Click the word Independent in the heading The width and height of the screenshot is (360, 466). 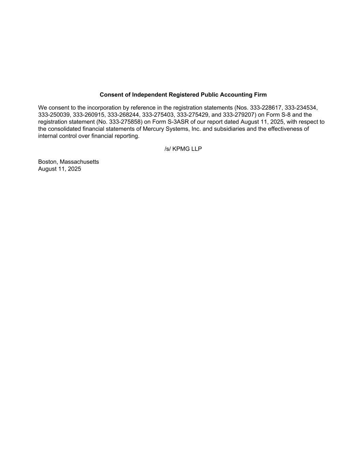pyautogui.click(x=149, y=95)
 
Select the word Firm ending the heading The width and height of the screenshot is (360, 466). pyautogui.click(x=260, y=95)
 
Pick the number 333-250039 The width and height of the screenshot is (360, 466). pyautogui.click(x=54, y=115)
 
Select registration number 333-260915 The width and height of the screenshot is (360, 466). pyautogui.click(x=88, y=115)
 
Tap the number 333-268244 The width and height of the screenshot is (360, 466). pyautogui.click(x=123, y=115)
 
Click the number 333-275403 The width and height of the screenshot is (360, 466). pyautogui.click(x=158, y=115)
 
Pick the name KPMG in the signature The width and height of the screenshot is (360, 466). pyautogui.click(x=181, y=149)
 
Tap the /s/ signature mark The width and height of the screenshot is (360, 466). pyautogui.click(x=168, y=149)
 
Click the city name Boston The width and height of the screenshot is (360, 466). pyautogui.click(x=47, y=162)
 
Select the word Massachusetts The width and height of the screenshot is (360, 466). pyautogui.click(x=79, y=162)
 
